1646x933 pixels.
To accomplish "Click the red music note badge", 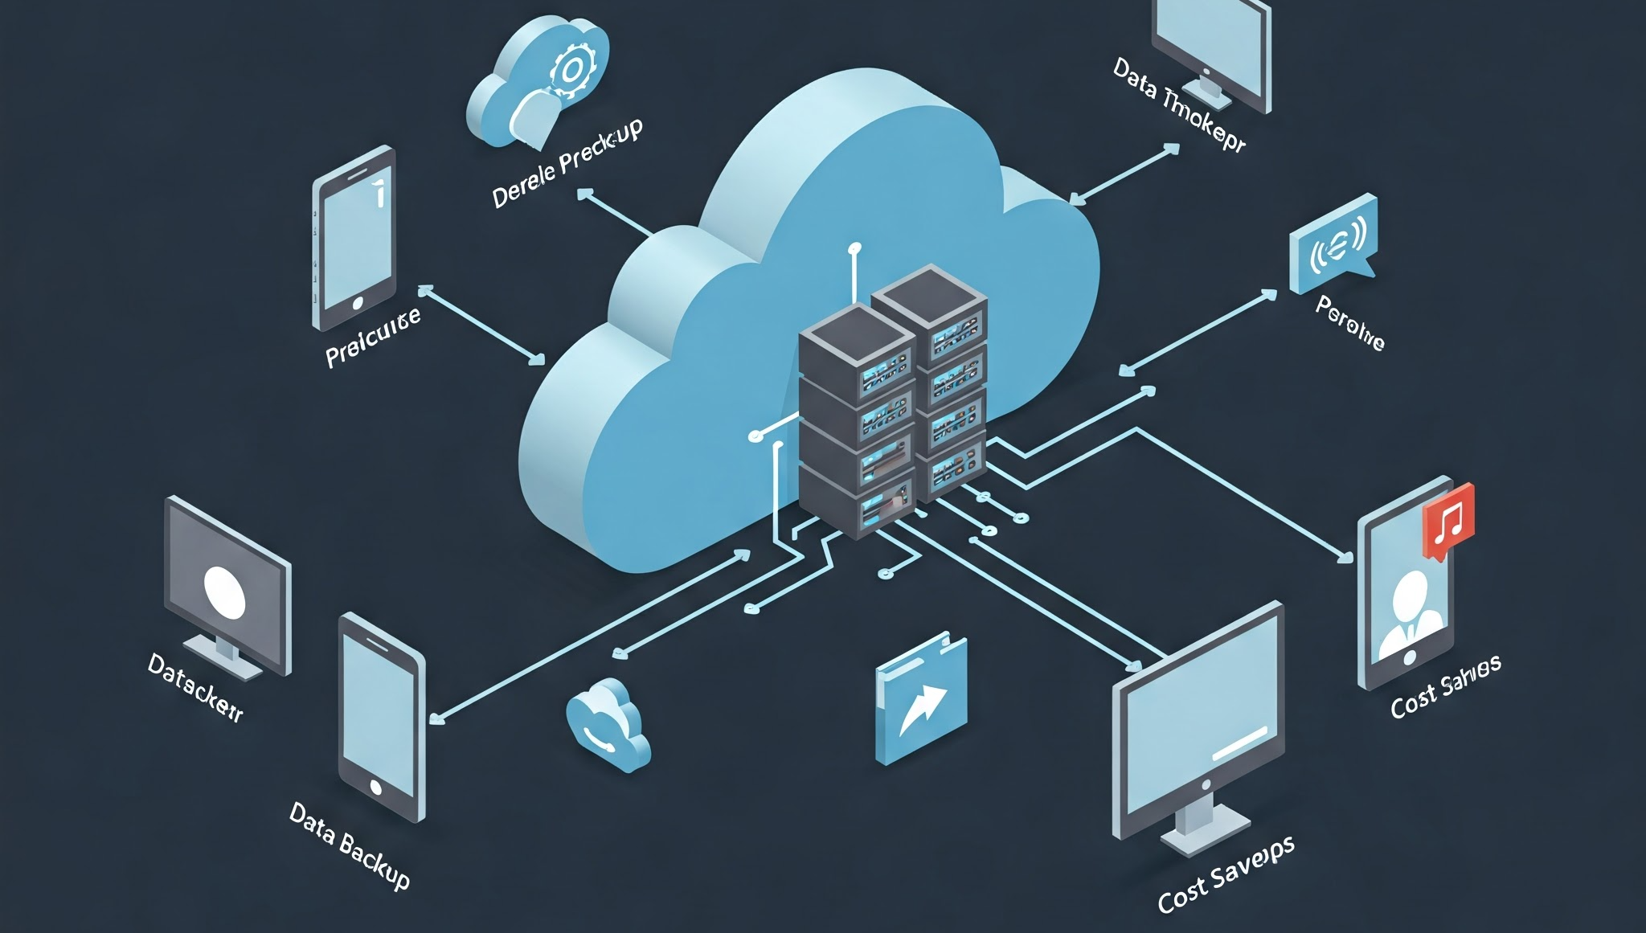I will coord(1448,520).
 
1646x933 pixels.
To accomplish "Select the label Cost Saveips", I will coord(1226,873).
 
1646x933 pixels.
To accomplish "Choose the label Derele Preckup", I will coord(567,163).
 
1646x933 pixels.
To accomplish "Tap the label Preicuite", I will coord(373,337).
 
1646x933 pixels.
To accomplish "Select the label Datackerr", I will coord(195,688).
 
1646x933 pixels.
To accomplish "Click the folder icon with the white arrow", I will coord(921,700).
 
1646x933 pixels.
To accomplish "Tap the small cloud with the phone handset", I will coord(608,724).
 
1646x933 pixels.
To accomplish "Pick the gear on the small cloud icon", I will coord(570,71).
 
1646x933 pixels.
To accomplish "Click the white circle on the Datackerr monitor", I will coord(224,592).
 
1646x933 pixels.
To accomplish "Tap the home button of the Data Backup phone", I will coord(375,787).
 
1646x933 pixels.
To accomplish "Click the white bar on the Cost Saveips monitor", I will coord(1239,743).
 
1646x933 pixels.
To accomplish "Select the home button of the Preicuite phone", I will coord(358,303).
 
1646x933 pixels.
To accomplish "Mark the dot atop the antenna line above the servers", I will coord(854,248).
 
